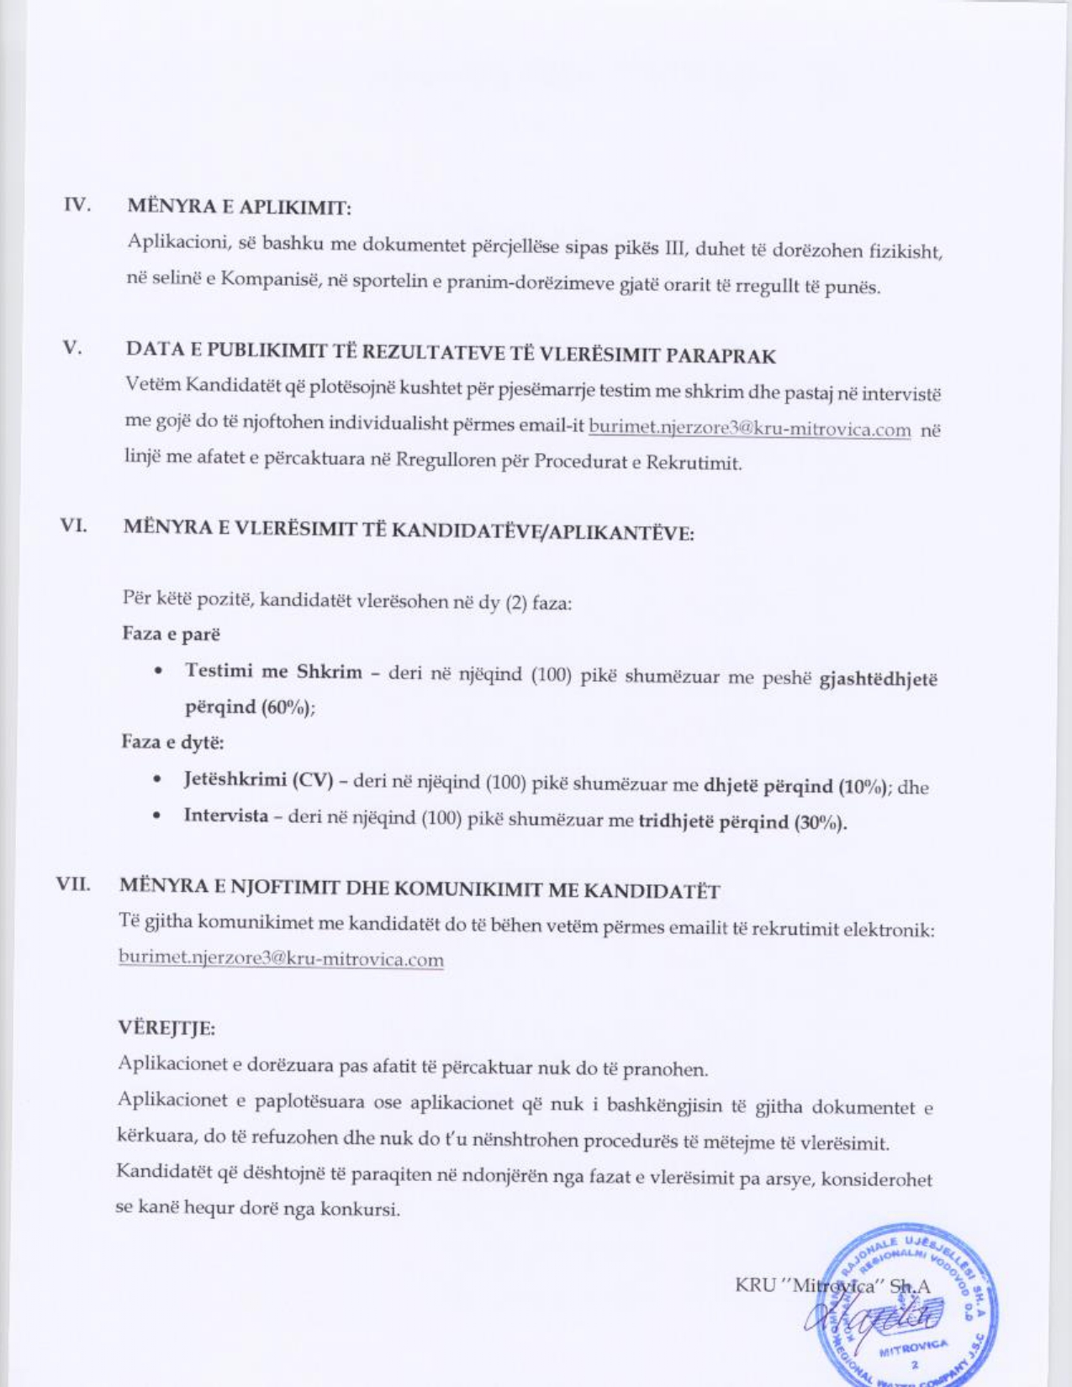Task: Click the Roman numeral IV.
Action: click(x=77, y=204)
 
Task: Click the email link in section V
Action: click(x=749, y=430)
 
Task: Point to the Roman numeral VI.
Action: click(x=74, y=525)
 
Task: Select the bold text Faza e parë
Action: click(x=171, y=634)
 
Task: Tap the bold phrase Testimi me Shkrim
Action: click(x=273, y=672)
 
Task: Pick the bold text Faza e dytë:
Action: click(x=172, y=742)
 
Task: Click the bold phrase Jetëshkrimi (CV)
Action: click(x=258, y=779)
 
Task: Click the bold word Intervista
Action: click(x=226, y=815)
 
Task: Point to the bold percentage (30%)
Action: click(x=820, y=822)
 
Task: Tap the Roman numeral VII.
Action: click(x=73, y=884)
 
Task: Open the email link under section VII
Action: click(x=281, y=958)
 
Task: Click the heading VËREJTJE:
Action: click(x=166, y=1028)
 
